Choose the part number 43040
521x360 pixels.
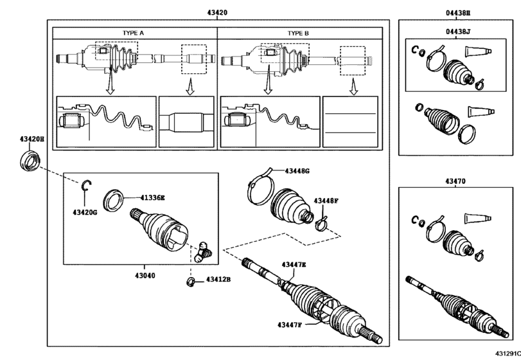tap(144, 276)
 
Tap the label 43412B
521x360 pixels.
tap(218, 280)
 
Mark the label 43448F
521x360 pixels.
tap(326, 201)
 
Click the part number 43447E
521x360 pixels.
tap(294, 264)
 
